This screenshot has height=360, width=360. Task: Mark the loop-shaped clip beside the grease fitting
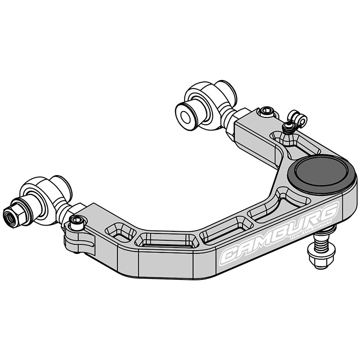click(x=298, y=119)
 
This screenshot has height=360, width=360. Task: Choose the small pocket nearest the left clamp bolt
click(x=120, y=231)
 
